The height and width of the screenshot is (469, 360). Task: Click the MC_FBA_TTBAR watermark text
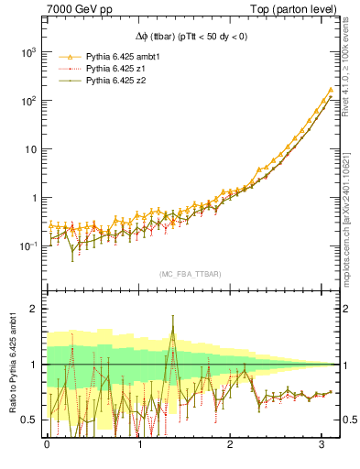point(190,274)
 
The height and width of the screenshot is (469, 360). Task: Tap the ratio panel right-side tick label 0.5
point(347,420)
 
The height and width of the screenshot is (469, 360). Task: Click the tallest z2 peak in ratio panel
point(172,318)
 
